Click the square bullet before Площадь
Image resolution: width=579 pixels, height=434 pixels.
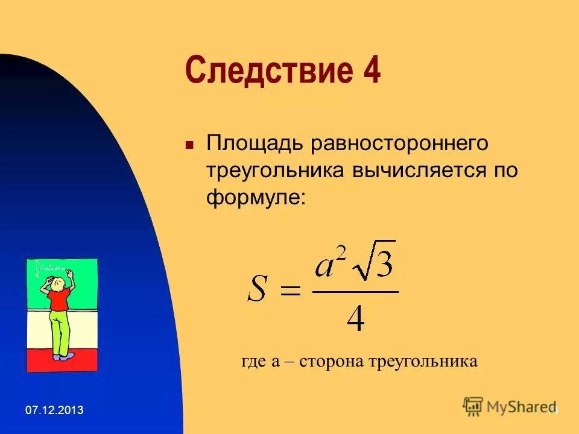point(189,146)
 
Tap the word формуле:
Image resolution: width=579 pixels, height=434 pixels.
point(256,197)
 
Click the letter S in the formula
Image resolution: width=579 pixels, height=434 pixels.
point(258,290)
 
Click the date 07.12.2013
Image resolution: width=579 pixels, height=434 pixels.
point(54,410)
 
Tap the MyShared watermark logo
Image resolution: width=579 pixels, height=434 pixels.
point(510,406)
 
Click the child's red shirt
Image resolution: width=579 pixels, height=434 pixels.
point(59,299)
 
